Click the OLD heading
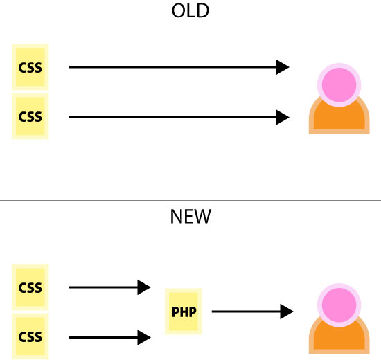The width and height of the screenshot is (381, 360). coord(190,11)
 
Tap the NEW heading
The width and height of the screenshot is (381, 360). coord(190,217)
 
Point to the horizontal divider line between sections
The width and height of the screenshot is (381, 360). coord(190,201)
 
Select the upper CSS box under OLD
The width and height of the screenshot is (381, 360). coord(30,67)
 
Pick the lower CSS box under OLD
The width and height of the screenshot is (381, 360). coord(30,116)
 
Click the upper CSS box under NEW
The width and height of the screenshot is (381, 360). coord(30,287)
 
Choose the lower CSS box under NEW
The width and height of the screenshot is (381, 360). coord(30,336)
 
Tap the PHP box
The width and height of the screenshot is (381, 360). coord(184,312)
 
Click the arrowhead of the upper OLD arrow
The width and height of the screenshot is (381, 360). coord(283,67)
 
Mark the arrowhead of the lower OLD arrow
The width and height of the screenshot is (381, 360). coord(283,117)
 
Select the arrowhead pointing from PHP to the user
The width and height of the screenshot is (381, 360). coord(287,312)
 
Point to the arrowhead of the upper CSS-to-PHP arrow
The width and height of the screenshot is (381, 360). coord(144,287)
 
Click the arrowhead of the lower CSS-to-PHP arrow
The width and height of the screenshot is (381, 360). coord(144,337)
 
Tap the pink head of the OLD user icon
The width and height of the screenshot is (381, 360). coord(339,85)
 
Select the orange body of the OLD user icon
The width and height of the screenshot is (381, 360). coord(339,120)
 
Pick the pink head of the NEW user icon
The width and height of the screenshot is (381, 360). coord(339,305)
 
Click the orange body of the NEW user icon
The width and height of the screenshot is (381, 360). coord(339,341)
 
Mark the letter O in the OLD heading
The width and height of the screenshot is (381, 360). coord(178,11)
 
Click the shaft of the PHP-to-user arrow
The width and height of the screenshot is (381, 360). coord(246,312)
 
